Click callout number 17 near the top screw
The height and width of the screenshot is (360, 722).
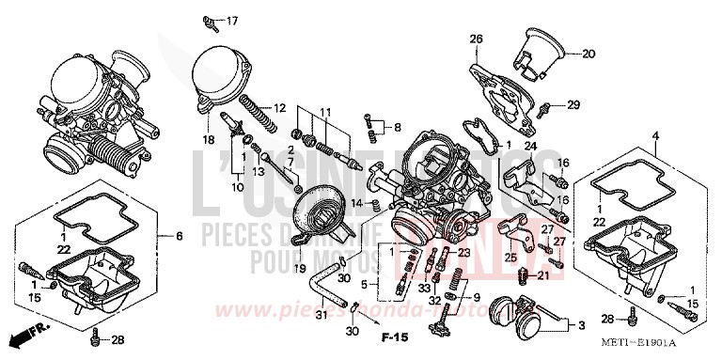click(x=232, y=20)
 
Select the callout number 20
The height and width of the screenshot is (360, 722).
click(x=589, y=54)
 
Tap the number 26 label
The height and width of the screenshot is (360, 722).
click(x=476, y=39)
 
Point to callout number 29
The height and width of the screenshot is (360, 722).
click(x=573, y=104)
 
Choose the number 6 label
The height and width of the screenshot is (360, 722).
click(x=178, y=235)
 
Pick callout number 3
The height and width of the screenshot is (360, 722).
click(x=581, y=325)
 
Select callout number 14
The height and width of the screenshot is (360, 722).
click(x=356, y=203)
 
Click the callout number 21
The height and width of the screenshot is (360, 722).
click(x=542, y=275)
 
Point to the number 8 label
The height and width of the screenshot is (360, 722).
click(x=398, y=127)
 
